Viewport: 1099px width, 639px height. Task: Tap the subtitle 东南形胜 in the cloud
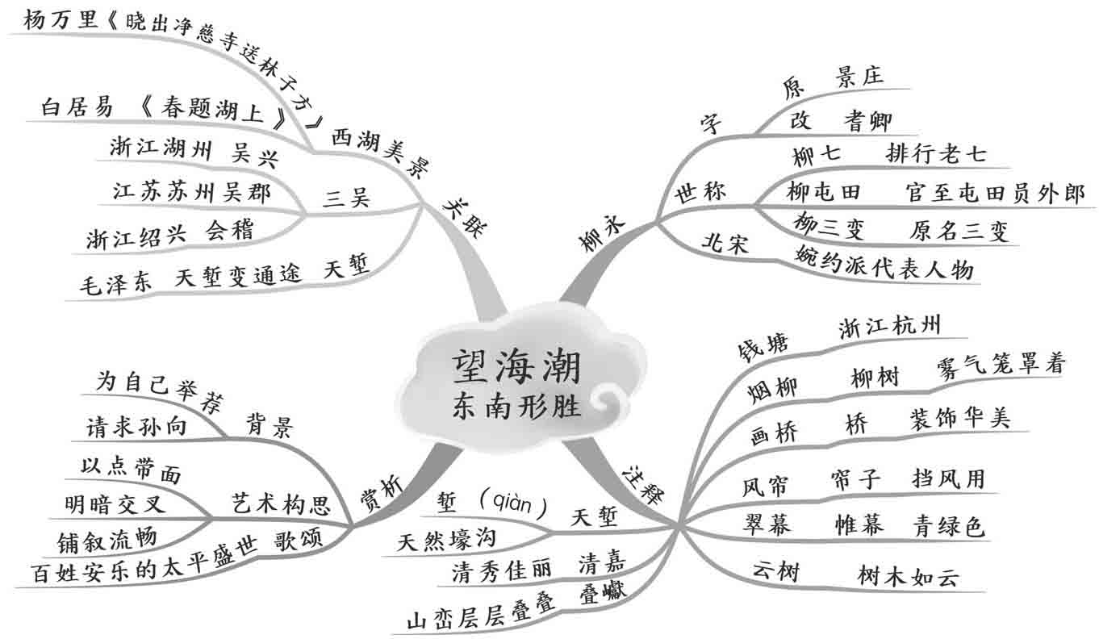pyautogui.click(x=516, y=406)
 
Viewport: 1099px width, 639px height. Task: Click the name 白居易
pyautogui.click(x=77, y=107)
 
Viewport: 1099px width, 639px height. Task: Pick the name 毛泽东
pyautogui.click(x=117, y=284)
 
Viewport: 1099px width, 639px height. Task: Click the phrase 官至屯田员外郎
pyautogui.click(x=995, y=194)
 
